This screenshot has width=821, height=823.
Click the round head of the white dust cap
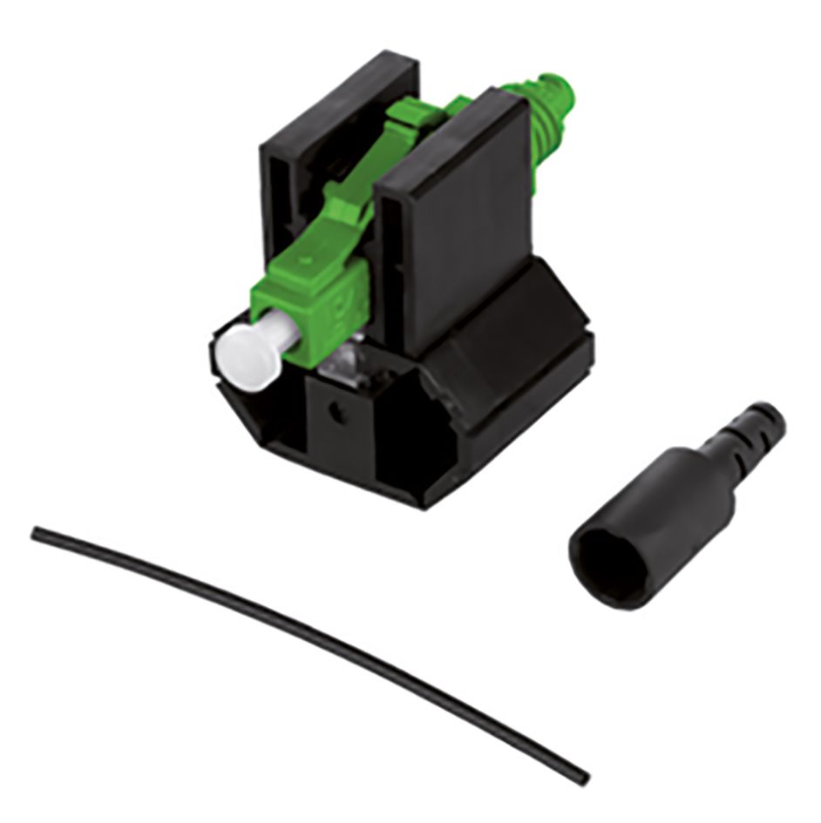coord(237,349)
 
